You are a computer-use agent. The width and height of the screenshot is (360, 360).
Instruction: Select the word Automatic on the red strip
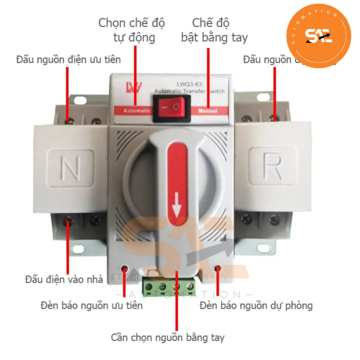click(x=137, y=111)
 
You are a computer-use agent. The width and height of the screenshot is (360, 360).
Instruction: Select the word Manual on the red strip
click(x=208, y=111)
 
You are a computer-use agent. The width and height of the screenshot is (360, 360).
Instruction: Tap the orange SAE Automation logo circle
click(x=319, y=35)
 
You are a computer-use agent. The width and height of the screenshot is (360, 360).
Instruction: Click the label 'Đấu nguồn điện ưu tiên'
click(x=68, y=59)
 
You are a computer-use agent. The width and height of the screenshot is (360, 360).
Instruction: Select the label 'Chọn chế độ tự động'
click(x=132, y=30)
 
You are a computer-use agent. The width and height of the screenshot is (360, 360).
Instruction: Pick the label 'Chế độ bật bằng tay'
click(x=214, y=30)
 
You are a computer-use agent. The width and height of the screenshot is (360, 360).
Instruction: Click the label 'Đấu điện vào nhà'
click(x=64, y=279)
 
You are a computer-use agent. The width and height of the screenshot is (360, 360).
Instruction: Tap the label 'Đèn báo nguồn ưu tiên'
click(x=91, y=305)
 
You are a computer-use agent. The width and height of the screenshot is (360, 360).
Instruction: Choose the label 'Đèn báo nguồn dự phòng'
click(x=256, y=305)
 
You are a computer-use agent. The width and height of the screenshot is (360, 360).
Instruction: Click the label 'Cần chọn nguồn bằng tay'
click(x=168, y=338)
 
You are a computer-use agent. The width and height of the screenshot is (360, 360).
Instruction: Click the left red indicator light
click(x=124, y=269)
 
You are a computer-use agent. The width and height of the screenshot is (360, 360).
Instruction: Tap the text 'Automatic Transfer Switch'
click(x=189, y=92)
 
